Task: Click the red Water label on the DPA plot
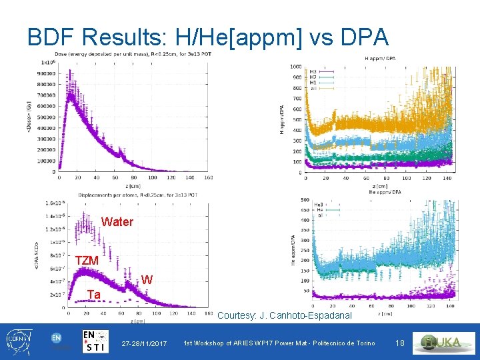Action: pos(117,222)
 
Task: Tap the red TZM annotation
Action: pos(87,261)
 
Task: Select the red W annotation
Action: pos(147,280)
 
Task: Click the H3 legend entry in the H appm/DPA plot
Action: pos(313,71)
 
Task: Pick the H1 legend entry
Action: pos(313,82)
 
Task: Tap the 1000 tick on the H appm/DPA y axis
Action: pos(295,67)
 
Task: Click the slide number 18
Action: pos(400,343)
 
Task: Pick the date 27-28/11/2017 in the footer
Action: pos(144,343)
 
